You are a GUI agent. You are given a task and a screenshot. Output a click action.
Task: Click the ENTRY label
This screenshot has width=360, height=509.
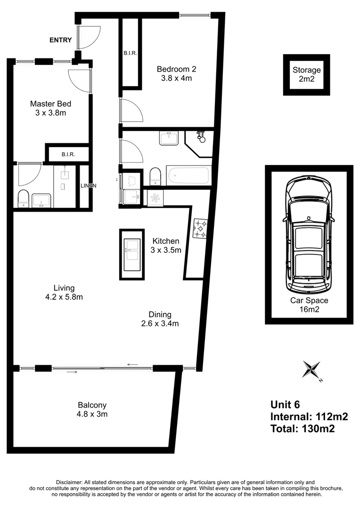(x=61, y=40)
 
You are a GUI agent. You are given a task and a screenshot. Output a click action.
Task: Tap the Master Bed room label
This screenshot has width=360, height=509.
(x=50, y=104)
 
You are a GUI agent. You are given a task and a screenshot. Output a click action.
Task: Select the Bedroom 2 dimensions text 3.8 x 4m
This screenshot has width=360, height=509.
(x=174, y=79)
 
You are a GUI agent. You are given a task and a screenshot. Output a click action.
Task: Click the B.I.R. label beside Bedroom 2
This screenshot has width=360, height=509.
(x=131, y=53)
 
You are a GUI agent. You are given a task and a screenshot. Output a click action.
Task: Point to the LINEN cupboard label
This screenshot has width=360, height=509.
(x=88, y=186)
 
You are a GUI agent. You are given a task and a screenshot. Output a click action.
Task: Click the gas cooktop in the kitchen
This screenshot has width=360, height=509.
(x=200, y=229)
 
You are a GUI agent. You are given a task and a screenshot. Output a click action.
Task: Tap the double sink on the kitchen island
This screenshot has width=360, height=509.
(x=131, y=250)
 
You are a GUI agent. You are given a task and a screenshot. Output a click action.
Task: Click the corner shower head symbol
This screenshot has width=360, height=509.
(x=201, y=136)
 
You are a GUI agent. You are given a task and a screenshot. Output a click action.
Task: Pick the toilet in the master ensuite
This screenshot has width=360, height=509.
(x=23, y=198)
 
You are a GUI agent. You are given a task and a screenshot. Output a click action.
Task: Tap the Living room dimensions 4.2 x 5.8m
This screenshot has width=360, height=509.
(x=64, y=297)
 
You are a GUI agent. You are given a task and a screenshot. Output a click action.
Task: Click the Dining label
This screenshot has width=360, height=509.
(x=160, y=314)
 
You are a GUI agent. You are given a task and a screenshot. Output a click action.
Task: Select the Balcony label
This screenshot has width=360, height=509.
(x=92, y=405)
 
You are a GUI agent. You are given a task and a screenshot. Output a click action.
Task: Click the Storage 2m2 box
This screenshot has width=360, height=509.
(x=306, y=74)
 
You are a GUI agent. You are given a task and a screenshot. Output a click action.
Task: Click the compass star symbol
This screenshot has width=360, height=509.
(x=311, y=369)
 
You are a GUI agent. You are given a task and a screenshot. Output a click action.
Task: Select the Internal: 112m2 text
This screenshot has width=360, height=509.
(x=309, y=417)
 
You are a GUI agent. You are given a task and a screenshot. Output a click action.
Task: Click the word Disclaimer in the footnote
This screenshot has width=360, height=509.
(x=69, y=482)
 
